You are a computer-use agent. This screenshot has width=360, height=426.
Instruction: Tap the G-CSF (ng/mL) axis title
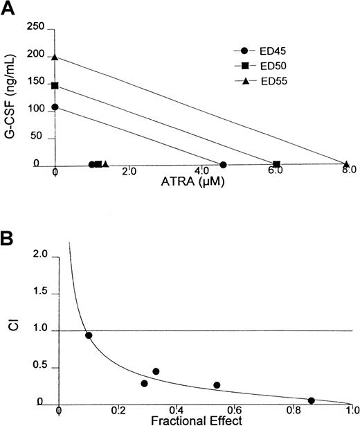pos(9,94)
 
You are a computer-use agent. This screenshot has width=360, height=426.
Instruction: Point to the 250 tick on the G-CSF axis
pos(35,27)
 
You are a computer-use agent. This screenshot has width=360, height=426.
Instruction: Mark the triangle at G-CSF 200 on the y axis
pos(55,57)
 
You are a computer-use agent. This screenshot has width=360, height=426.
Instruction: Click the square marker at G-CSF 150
pos(55,86)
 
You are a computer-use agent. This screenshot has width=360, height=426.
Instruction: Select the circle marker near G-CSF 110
pos(55,107)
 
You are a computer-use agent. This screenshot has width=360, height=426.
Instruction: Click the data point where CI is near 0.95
pos(89,335)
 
